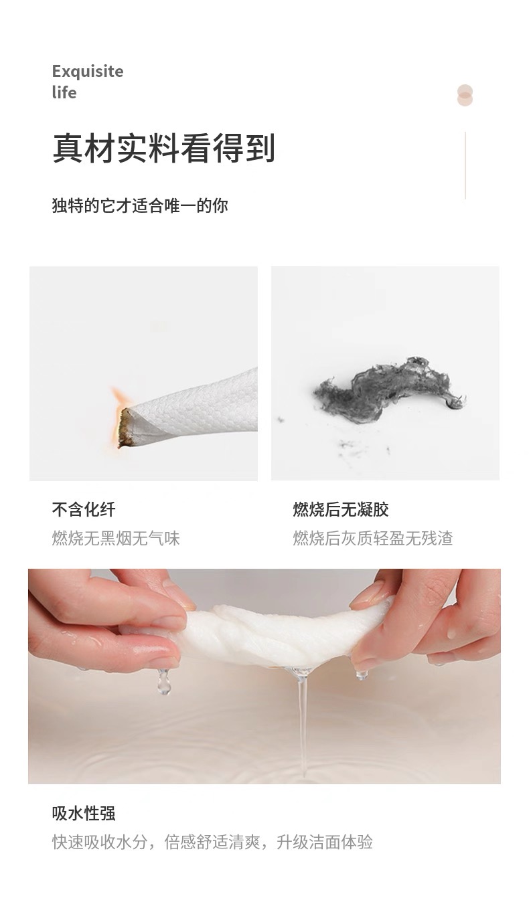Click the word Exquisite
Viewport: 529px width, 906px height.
coord(88,72)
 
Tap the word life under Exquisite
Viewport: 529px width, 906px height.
coord(64,92)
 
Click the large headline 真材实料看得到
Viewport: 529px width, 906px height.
coord(164,148)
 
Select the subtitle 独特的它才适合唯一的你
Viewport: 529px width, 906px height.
coord(140,205)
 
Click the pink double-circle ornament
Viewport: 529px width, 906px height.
coord(465,96)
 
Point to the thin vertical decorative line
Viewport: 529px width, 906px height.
coord(465,165)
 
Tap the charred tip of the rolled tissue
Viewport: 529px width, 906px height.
coord(125,428)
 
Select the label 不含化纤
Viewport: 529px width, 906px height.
coord(84,510)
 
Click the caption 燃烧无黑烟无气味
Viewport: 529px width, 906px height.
coord(116,539)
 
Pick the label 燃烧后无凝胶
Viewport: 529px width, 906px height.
coord(341,510)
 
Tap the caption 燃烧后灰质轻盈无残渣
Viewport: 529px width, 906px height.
coord(373,539)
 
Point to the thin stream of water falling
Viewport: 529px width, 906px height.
coord(302,724)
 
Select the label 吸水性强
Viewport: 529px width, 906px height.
coord(84,814)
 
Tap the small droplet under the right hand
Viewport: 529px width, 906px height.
coord(362,674)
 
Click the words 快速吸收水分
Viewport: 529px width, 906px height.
coord(100,842)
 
